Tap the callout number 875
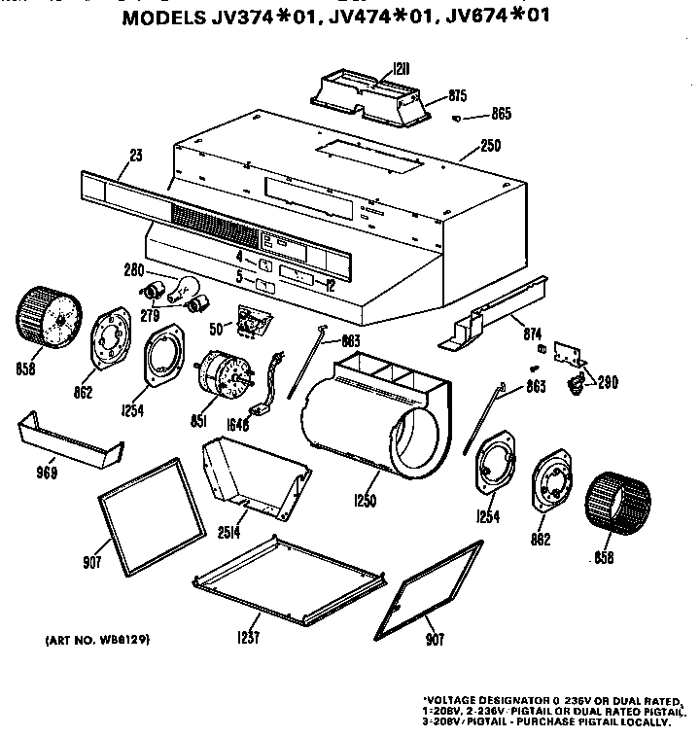coord(458,95)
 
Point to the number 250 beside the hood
coord(491,147)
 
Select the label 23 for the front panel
coord(135,154)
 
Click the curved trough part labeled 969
coord(68,439)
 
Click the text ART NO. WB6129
coord(98,641)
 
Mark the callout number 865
coord(501,114)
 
